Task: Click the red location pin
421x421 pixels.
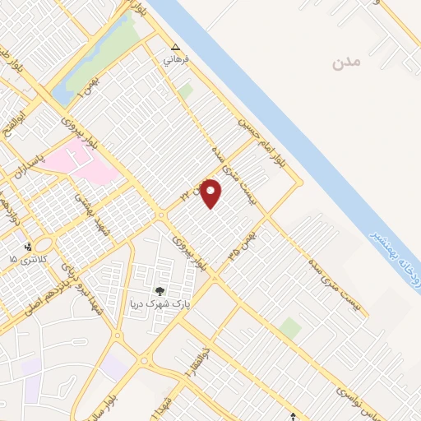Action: (x=211, y=194)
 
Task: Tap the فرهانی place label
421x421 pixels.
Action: (x=177, y=59)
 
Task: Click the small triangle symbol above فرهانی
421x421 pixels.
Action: (x=175, y=46)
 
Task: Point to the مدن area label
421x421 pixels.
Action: (x=348, y=62)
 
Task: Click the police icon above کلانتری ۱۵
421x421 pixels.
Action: (x=28, y=246)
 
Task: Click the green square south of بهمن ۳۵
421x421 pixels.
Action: (x=289, y=328)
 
